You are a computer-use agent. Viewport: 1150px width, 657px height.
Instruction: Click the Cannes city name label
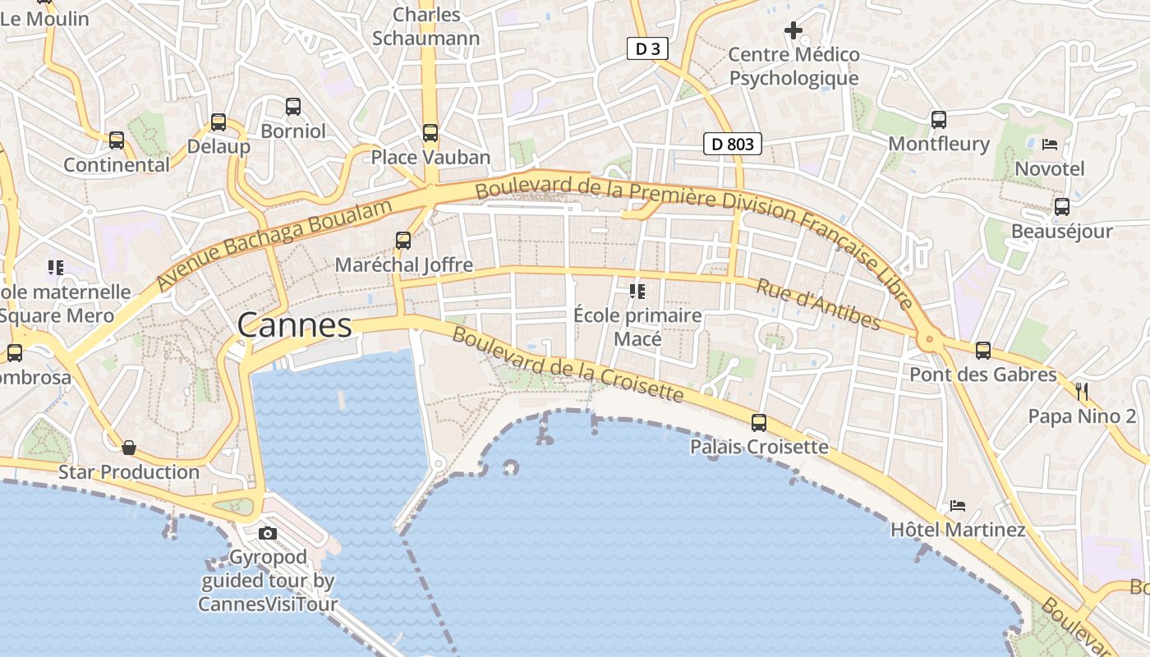coord(294,325)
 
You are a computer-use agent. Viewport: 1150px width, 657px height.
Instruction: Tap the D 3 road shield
coord(647,49)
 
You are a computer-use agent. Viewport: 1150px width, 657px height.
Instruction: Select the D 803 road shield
coord(733,145)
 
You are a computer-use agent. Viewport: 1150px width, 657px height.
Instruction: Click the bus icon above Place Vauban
coord(430,132)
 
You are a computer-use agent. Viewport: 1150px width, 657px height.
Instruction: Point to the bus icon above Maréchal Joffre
coord(402,240)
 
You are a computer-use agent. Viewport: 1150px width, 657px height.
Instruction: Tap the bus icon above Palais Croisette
coord(759,423)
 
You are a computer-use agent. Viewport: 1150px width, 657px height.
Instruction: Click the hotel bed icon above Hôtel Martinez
coord(957,505)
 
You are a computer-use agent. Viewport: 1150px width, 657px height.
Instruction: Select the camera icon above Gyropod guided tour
coord(267,533)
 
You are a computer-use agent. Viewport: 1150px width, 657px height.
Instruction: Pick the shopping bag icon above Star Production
coord(128,448)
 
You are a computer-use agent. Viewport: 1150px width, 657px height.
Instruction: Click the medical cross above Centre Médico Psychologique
coord(793,30)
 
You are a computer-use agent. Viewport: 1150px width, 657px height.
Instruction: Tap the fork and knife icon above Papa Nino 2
coord(1082,391)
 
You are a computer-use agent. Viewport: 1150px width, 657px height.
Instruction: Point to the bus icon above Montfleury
coord(939,119)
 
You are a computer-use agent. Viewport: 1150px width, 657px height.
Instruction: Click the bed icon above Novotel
coord(1049,144)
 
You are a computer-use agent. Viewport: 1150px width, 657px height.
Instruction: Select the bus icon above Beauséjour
coord(1061,206)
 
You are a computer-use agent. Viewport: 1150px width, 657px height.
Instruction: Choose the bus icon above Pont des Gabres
coord(982,351)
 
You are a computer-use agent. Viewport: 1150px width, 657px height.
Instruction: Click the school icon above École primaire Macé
coord(637,291)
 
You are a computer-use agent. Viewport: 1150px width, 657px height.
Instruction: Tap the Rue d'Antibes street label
coord(817,304)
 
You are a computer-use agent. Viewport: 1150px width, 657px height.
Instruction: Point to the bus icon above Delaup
coord(218,122)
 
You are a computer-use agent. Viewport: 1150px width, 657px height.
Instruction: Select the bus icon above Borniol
coord(293,106)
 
